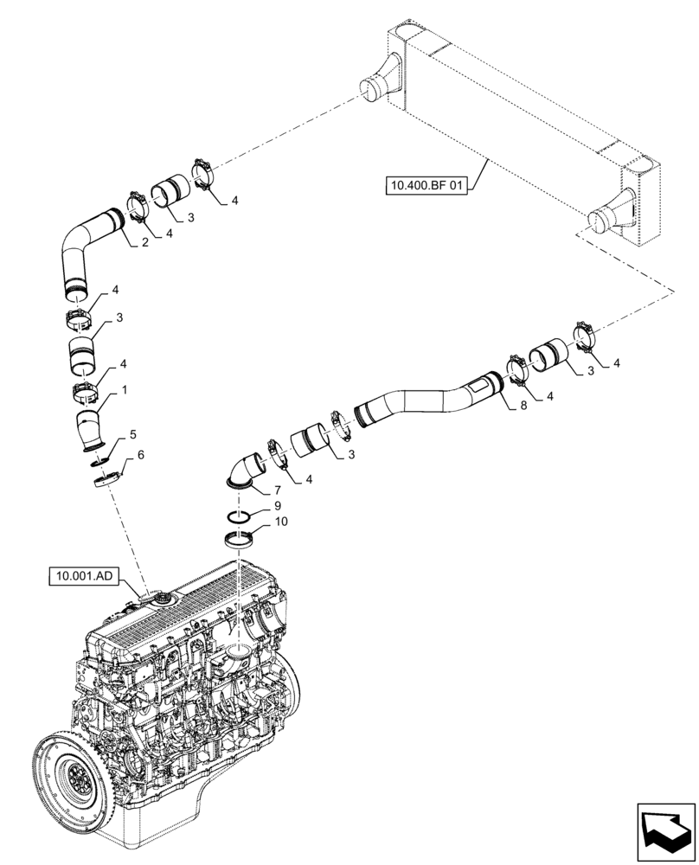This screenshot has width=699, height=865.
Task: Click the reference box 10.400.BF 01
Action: point(426,185)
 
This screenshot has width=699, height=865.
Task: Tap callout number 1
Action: point(125,390)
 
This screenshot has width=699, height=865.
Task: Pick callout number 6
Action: point(140,454)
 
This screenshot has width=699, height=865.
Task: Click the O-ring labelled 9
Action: point(240,517)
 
